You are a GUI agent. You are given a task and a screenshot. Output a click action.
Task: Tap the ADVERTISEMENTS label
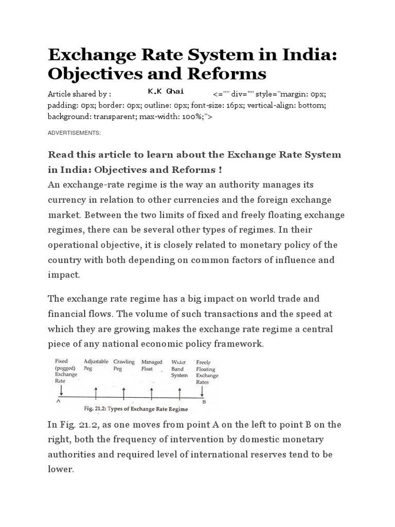74,133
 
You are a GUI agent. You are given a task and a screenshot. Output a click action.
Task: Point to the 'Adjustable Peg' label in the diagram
96,365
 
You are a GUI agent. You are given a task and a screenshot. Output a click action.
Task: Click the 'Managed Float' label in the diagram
152,365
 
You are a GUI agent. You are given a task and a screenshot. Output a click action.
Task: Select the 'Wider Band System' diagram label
179,368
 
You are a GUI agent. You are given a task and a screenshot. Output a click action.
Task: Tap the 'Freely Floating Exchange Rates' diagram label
207,372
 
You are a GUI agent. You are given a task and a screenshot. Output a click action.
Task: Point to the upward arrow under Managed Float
152,393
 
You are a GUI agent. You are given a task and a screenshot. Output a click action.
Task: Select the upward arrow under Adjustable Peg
96,393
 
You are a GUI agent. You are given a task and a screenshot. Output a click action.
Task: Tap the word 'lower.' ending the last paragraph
61,470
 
